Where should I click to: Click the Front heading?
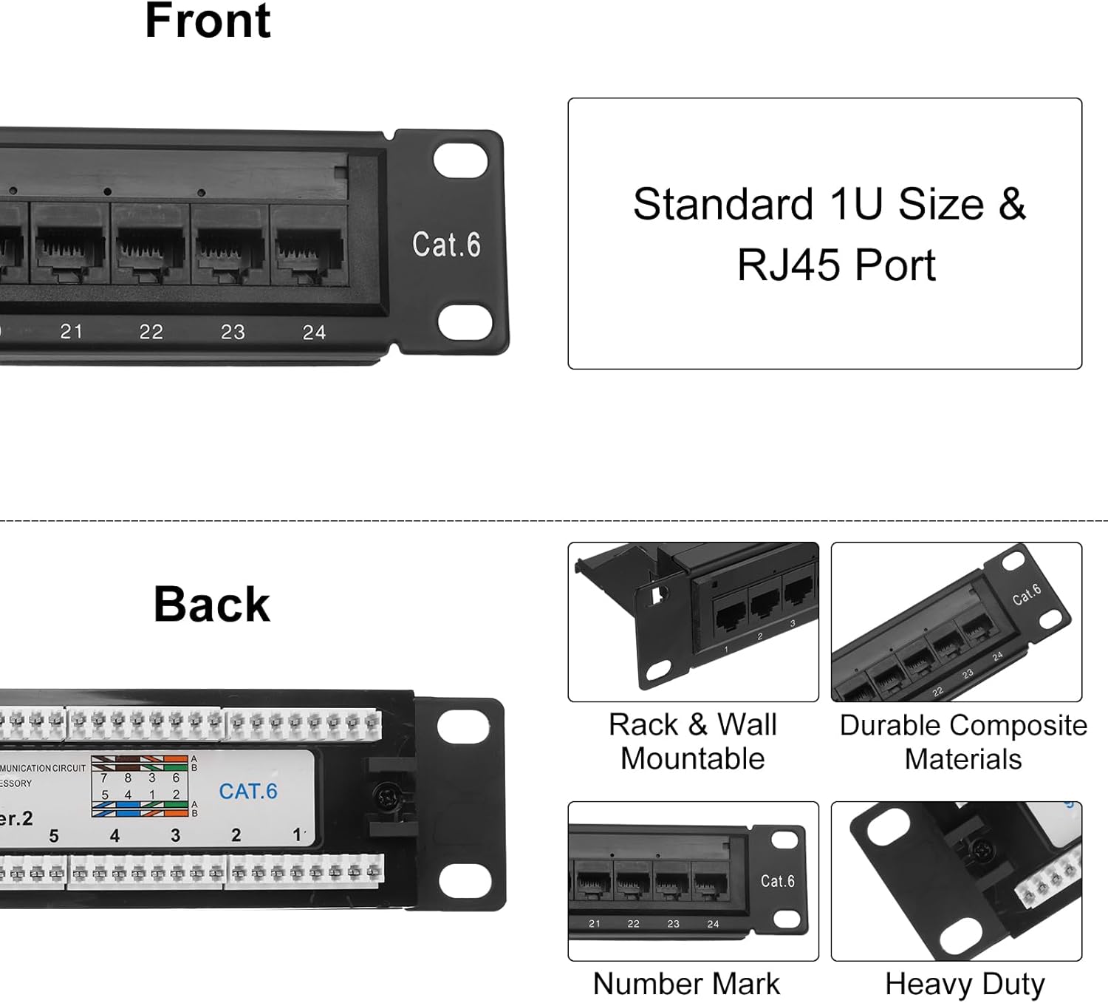pos(208,21)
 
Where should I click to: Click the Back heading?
pos(212,605)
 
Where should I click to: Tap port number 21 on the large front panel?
pos(72,332)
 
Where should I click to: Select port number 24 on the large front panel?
pos(314,333)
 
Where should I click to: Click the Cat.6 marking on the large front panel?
pos(446,245)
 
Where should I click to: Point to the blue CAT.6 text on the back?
pos(248,792)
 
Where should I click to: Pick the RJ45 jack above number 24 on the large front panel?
pos(310,248)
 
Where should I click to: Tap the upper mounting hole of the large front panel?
pos(460,161)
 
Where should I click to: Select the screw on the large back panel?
pos(386,797)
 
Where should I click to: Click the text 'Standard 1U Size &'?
pos(829,204)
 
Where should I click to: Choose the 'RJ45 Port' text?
pos(836,265)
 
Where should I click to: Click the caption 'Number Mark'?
pos(686,984)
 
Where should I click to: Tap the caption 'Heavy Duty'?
pos(965,985)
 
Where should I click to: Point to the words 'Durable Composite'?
pos(963,726)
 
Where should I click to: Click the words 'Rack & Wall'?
pos(693,725)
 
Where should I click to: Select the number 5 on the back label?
pos(54,837)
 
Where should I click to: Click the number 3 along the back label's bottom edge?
pos(175,836)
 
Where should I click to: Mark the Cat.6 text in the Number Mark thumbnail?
pos(778,881)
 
